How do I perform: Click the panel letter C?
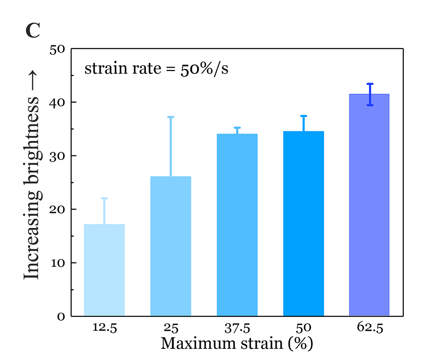33,30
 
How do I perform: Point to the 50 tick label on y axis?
57,49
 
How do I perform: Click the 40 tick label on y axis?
57,102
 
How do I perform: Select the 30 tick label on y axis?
57,156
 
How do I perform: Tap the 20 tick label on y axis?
57,209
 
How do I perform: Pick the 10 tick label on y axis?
57,263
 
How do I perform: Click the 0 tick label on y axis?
61,317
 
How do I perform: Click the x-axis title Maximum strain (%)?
237,343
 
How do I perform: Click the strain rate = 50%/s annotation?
156,69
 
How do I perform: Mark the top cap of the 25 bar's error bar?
171,117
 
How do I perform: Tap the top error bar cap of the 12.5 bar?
104,198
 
